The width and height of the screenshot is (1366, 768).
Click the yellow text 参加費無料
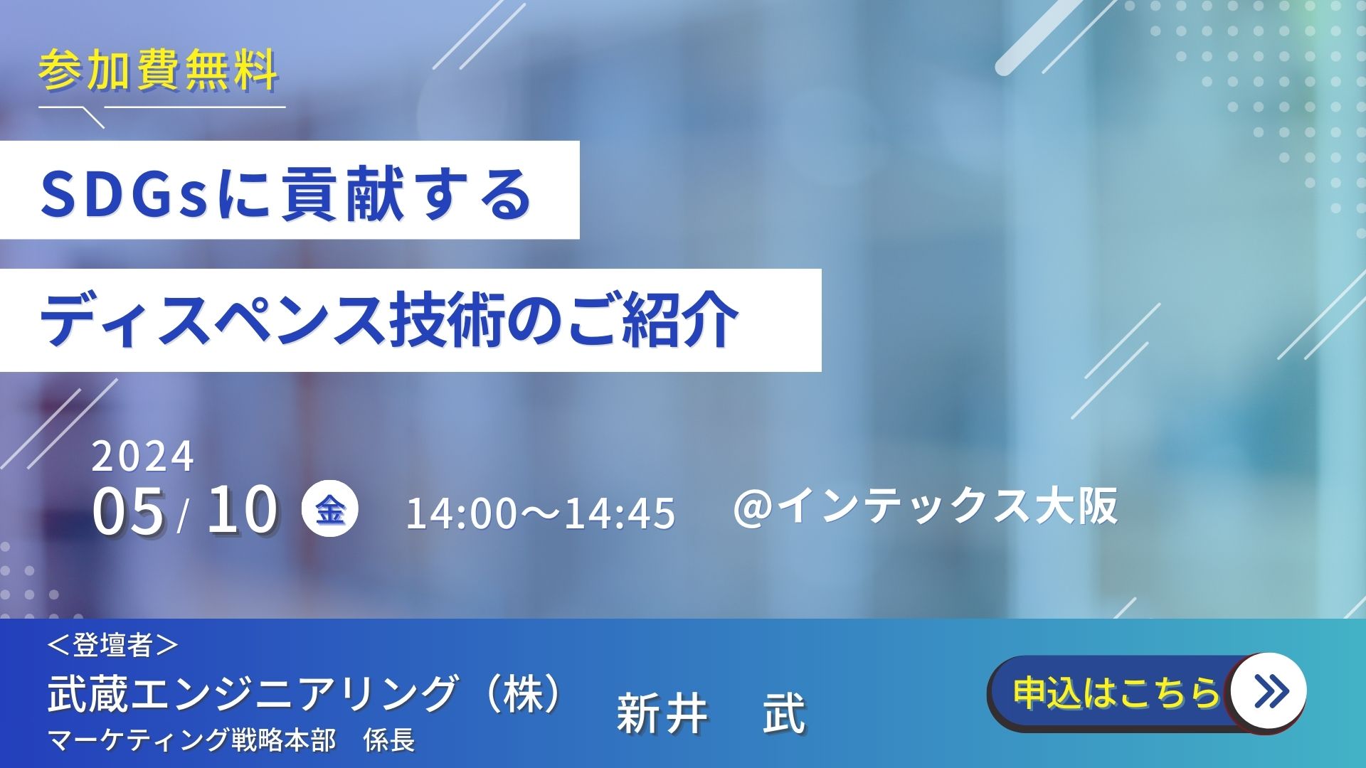[x=158, y=70]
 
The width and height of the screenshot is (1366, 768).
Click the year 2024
[x=142, y=457]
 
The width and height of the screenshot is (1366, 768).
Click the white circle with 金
[x=330, y=510]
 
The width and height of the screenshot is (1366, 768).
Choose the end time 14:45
[x=620, y=513]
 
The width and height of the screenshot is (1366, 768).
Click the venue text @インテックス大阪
[x=925, y=507]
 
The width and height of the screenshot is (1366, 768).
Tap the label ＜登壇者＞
[x=112, y=645]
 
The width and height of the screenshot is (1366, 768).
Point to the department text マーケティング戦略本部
[x=191, y=740]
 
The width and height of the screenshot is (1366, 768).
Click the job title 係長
[x=389, y=740]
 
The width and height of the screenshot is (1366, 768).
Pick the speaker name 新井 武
[x=711, y=713]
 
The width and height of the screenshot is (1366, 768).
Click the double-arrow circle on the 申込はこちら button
[x=1269, y=690]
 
